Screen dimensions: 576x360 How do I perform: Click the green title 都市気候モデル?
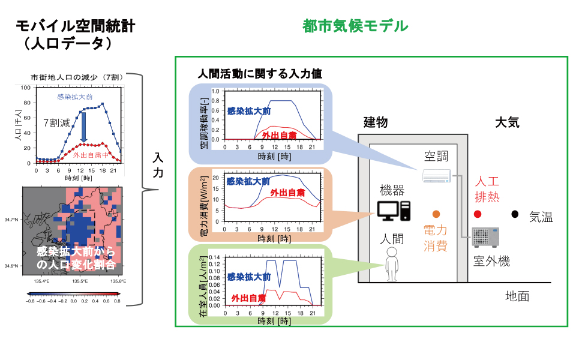coord(355,26)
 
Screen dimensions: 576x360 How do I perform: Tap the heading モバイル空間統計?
coord(76,26)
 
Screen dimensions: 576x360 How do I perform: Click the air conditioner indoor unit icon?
coord(437,176)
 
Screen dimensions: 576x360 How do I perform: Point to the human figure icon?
coord(392,264)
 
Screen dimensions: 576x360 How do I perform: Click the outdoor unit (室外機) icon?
coord(485,237)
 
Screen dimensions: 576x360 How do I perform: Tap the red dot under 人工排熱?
coord(478,214)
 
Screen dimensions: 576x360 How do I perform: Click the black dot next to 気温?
coord(515,214)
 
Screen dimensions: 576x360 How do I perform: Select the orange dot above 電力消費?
coord(436,214)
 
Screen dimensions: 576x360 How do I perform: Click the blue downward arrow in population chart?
coord(84,127)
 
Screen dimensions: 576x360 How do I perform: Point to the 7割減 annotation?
coord(57,122)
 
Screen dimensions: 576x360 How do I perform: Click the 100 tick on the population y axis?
coord(26,88)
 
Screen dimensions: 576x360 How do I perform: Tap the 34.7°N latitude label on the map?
coord(11,220)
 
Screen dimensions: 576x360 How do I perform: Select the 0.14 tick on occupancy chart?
coord(215,257)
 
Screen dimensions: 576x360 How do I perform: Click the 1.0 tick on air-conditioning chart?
coord(215,91)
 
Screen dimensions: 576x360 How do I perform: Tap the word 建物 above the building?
coord(376,122)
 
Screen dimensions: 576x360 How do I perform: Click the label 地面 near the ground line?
coord(517,296)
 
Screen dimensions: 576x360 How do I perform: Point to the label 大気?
coord(508,122)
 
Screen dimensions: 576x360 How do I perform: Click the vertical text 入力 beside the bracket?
coord(158,166)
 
